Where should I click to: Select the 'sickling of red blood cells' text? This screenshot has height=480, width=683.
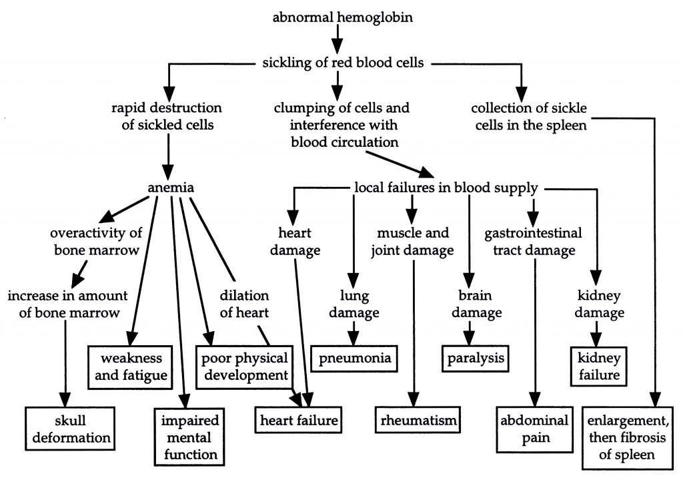click(341, 63)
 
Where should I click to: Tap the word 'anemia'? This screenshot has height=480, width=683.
click(171, 188)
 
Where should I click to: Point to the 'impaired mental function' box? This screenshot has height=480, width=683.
click(187, 438)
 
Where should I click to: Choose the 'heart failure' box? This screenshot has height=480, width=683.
click(299, 421)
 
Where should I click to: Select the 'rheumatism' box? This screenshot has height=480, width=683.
click(418, 421)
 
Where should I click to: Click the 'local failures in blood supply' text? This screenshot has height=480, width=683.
click(445, 188)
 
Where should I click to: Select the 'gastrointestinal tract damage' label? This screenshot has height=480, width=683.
click(534, 242)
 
